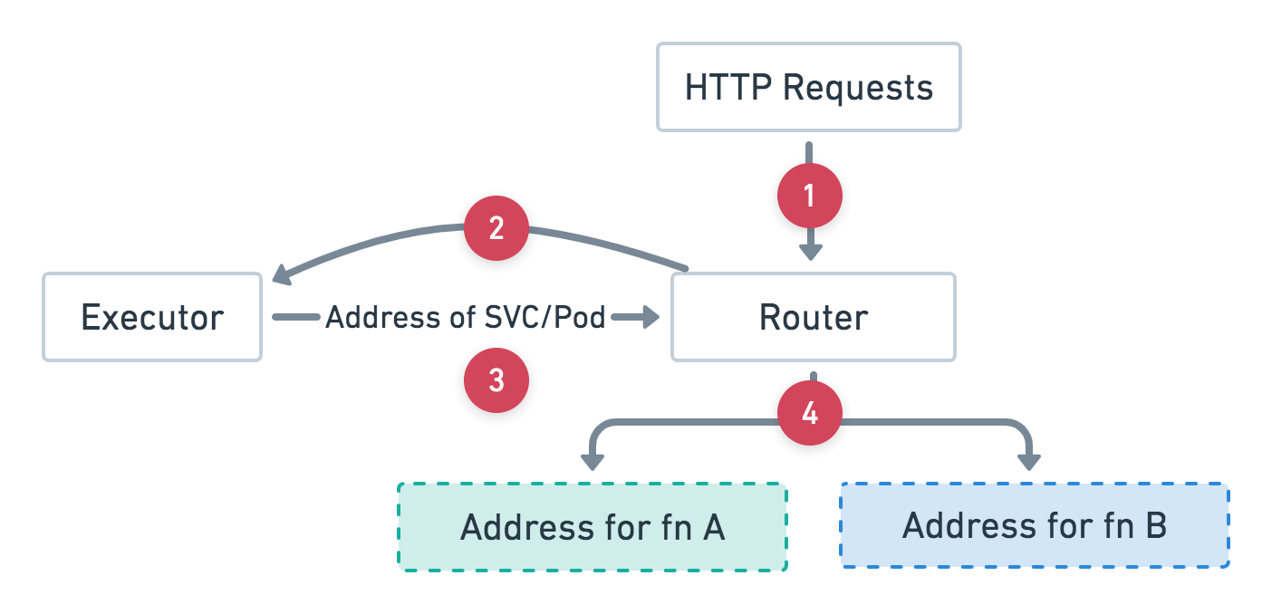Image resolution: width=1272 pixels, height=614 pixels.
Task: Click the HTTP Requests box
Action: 808,87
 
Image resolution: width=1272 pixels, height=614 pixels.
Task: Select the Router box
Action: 813,317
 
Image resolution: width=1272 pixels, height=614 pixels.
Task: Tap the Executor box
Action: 152,317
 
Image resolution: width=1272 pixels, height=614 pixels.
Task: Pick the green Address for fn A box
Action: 592,526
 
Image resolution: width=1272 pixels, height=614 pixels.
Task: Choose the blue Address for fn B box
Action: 1034,525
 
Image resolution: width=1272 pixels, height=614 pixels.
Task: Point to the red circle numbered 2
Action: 496,229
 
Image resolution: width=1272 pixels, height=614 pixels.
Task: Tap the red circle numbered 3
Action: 496,381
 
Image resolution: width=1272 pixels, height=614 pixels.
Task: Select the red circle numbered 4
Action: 809,414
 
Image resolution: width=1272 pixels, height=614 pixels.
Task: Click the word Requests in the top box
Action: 857,88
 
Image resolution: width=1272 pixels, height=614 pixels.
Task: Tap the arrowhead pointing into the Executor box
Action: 278,274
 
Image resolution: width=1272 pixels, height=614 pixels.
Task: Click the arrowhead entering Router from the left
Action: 649,317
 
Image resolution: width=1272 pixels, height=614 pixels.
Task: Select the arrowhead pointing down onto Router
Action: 809,252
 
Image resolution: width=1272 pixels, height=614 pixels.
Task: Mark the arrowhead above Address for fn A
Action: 592,462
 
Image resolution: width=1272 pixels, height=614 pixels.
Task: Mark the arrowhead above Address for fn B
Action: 1029,462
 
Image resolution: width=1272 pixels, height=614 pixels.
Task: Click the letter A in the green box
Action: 713,527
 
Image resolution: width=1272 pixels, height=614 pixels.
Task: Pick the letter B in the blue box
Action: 1155,525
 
